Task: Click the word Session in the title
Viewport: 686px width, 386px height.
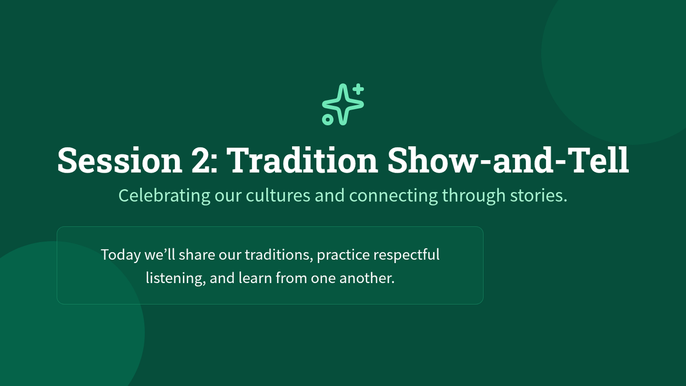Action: (119, 160)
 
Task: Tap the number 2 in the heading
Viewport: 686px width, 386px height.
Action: (201, 160)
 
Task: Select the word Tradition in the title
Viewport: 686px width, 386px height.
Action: (304, 160)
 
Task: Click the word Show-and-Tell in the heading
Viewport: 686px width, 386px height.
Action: (508, 160)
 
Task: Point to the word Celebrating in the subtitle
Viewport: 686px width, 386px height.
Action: (165, 196)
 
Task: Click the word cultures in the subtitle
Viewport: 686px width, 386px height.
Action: (278, 195)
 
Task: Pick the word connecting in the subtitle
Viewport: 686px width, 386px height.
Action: (393, 196)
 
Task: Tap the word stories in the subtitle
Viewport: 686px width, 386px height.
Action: (539, 195)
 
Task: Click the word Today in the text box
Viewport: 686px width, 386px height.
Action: (121, 255)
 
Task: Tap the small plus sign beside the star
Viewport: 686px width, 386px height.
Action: (358, 89)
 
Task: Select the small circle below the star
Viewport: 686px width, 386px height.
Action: (328, 120)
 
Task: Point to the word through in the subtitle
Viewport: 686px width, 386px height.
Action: (474, 196)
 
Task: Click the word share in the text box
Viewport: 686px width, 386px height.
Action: (197, 255)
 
